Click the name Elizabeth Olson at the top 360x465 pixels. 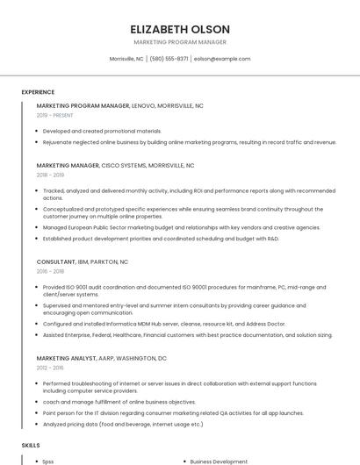[180, 28]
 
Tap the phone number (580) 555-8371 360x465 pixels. [169, 59]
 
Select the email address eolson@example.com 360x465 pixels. [222, 59]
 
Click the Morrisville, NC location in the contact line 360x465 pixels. [126, 59]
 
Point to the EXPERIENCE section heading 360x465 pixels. [38, 92]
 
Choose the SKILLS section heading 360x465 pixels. [31, 446]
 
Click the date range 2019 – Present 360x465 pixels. [55, 115]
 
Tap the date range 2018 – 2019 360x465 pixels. [50, 175]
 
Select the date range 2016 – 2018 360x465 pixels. [50, 271]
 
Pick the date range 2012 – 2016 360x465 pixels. [50, 368]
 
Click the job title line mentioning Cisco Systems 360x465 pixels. [115, 165]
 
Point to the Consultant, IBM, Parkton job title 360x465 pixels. [83, 261]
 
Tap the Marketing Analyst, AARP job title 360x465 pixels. [101, 358]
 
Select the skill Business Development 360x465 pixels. [219, 461]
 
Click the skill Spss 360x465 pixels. [48, 461]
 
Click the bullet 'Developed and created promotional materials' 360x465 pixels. [102, 131]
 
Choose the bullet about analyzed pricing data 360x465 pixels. [123, 424]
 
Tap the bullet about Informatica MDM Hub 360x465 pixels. [164, 324]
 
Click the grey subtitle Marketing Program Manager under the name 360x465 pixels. [180, 42]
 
